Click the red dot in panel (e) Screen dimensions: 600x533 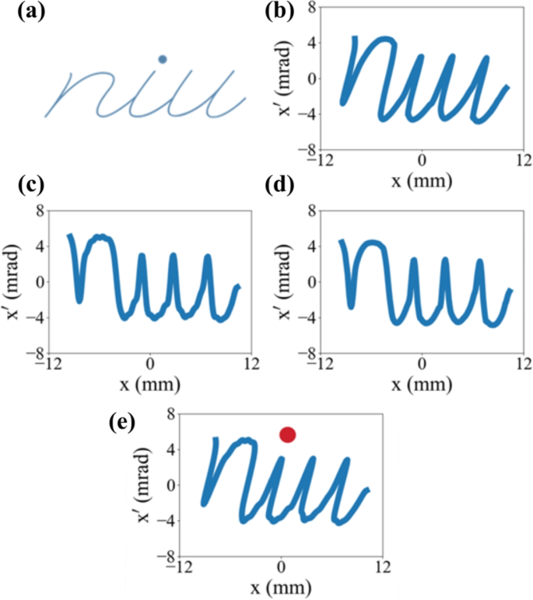coord(287,434)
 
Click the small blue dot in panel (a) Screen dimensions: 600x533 coord(162,59)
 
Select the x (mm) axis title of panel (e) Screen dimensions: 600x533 coord(281,585)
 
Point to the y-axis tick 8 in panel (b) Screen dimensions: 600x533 coord(310,8)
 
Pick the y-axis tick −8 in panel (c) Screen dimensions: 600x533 coord(33,354)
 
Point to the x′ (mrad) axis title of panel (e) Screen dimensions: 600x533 coord(146,485)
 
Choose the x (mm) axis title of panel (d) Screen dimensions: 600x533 coord(422,384)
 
